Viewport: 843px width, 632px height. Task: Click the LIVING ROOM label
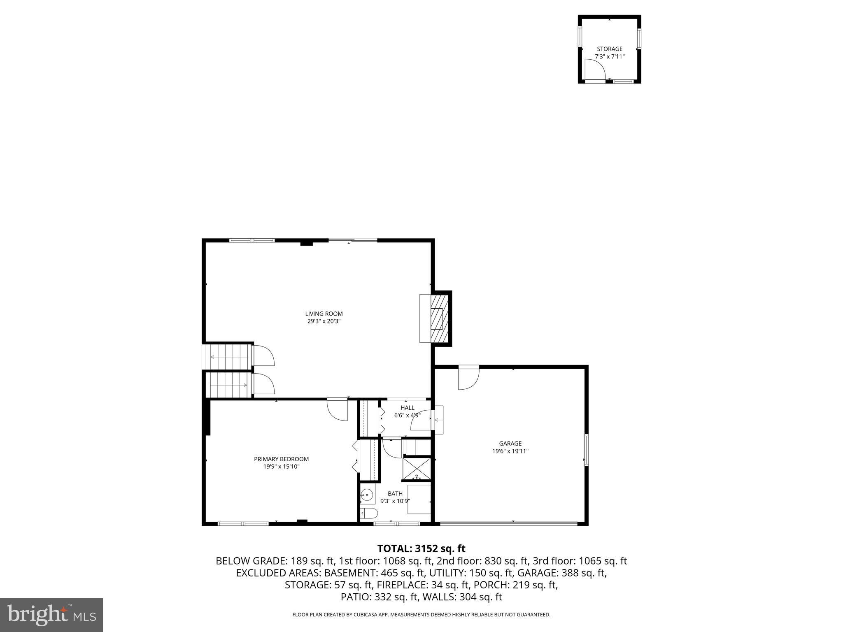pyautogui.click(x=324, y=314)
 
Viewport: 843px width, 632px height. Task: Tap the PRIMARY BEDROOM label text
pyautogui.click(x=281, y=459)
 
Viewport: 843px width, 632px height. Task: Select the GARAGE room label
pyautogui.click(x=510, y=443)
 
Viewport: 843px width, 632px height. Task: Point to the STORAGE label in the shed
pyautogui.click(x=610, y=49)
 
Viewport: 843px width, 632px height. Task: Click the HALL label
pyautogui.click(x=407, y=408)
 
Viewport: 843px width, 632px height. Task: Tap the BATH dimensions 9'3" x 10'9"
pyautogui.click(x=395, y=501)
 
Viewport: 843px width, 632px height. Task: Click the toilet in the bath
pyautogui.click(x=369, y=513)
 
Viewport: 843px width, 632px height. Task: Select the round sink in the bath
pyautogui.click(x=367, y=495)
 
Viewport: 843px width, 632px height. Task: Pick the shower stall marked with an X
pyautogui.click(x=417, y=468)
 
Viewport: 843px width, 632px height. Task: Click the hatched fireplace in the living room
pyautogui.click(x=438, y=318)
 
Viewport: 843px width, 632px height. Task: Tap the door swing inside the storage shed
pyautogui.click(x=595, y=69)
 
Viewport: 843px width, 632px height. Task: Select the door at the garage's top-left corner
pyautogui.click(x=469, y=378)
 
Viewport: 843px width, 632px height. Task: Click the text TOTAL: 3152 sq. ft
pyautogui.click(x=421, y=548)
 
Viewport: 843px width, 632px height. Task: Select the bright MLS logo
pyautogui.click(x=51, y=615)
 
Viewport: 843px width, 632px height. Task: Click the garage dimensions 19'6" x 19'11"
pyautogui.click(x=510, y=451)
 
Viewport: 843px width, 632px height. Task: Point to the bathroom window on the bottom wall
pyautogui.click(x=396, y=523)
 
